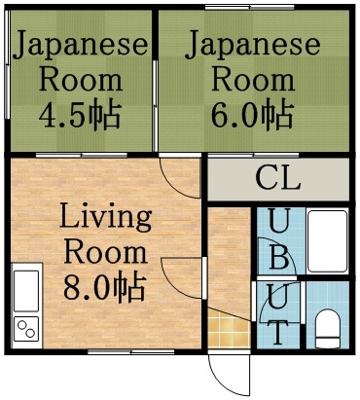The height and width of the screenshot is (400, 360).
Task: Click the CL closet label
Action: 278,179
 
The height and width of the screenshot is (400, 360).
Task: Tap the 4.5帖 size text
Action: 81,116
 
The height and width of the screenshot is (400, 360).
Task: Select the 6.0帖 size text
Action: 253,116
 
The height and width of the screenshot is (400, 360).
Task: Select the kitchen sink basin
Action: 26,289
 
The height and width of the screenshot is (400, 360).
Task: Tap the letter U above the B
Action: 278,223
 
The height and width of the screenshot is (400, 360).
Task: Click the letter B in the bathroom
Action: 278,258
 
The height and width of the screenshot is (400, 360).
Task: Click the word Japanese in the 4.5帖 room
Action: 81,45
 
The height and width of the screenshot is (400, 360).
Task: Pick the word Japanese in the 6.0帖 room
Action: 253,45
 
